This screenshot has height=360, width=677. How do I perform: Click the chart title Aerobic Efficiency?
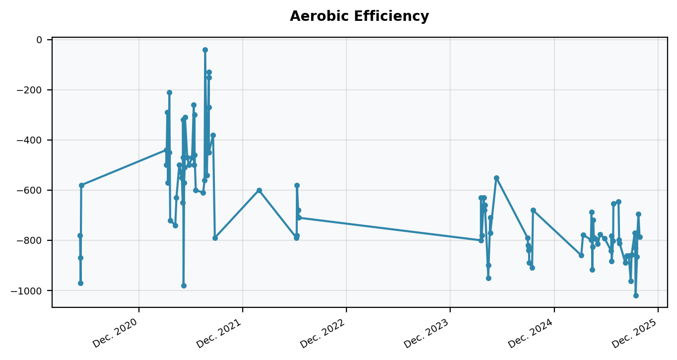359,16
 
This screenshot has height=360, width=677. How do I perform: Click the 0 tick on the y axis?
43,40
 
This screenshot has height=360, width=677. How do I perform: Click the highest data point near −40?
205,50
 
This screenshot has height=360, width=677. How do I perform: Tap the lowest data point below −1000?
636,295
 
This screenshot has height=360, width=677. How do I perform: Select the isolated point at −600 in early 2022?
259,190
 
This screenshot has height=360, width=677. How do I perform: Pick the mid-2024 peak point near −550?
496,178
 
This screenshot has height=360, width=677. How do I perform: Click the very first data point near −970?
80,283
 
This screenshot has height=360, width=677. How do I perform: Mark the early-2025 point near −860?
581,255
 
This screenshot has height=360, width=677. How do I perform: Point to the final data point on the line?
640,237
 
